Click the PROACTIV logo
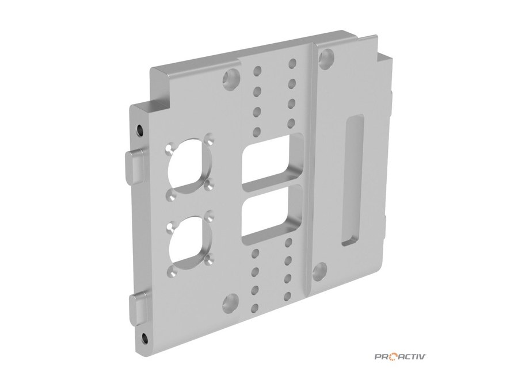400,356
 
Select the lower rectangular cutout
272,214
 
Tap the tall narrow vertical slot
352,180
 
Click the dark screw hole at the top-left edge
140,130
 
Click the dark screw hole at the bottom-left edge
144,338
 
